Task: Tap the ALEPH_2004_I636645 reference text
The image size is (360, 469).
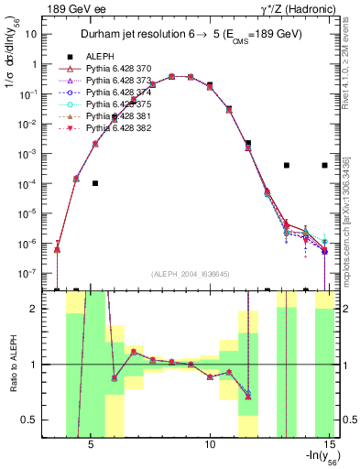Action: (x=191, y=272)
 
